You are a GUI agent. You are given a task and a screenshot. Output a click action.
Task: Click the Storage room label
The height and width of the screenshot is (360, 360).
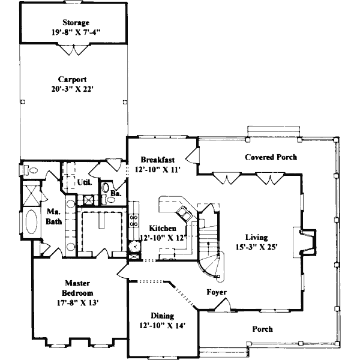tap(76, 23)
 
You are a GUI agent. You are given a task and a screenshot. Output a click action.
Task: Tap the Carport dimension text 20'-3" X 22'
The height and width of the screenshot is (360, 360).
tap(73, 89)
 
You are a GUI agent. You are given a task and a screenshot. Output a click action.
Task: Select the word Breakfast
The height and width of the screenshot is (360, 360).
tap(157, 160)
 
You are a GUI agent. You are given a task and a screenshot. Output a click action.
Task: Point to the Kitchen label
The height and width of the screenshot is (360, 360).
tap(163, 228)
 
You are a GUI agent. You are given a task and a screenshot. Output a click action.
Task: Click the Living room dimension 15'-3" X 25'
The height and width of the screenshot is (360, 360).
tap(257, 247)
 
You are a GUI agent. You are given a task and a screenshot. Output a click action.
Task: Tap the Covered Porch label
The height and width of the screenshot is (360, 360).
tap(271, 157)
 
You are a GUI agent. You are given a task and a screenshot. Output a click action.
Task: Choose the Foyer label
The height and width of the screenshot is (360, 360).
tap(217, 292)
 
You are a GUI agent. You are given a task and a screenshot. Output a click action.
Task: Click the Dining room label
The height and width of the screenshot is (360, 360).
tap(163, 316)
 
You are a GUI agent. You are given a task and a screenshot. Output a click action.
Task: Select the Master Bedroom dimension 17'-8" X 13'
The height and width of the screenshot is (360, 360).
tap(78, 303)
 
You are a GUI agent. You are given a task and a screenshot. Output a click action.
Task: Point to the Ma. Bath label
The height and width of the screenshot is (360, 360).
tap(54, 216)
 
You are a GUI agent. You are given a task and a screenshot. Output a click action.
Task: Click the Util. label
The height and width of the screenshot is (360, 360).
tap(85, 182)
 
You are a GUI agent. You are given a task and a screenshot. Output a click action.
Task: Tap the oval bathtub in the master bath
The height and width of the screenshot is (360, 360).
tap(31, 222)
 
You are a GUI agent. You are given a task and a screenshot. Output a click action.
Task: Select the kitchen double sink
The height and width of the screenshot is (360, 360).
tap(184, 213)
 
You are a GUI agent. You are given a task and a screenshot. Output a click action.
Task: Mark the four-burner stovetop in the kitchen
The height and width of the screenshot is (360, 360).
tap(134, 220)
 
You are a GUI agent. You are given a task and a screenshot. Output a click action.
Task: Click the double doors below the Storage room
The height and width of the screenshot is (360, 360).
tap(73, 49)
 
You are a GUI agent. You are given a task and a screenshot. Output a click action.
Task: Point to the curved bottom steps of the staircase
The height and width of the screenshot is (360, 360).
tap(210, 266)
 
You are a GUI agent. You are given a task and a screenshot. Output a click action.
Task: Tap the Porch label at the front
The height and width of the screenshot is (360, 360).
tap(263, 329)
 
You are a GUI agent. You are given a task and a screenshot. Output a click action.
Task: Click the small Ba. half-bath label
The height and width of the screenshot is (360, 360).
tap(116, 193)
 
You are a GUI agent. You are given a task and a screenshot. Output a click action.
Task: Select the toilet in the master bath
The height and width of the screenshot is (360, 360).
tap(31, 170)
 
